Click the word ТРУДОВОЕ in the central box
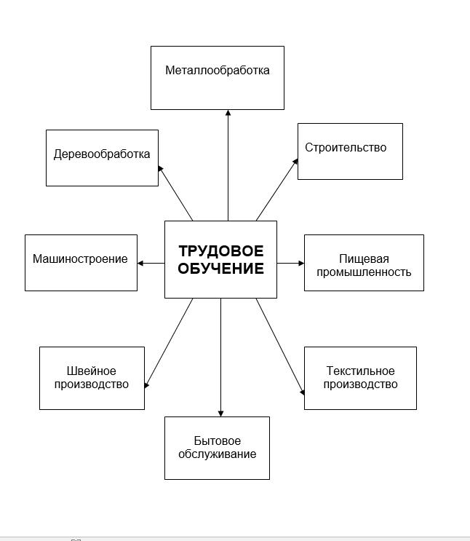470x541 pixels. pyautogui.click(x=221, y=250)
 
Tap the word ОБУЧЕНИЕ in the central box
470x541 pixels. pyautogui.click(x=221, y=269)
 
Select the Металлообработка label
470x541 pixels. pyautogui.click(x=218, y=70)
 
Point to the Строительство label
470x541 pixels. pyautogui.click(x=346, y=147)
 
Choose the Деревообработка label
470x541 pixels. pyautogui.click(x=102, y=154)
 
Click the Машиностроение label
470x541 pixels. pyautogui.click(x=80, y=258)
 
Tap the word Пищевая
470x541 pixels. pyautogui.click(x=364, y=258)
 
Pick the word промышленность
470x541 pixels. pyautogui.click(x=364, y=272)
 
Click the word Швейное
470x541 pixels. pyautogui.click(x=92, y=371)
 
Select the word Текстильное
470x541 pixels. pyautogui.click(x=360, y=371)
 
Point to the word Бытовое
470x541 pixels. pyautogui.click(x=218, y=441)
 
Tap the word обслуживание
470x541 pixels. pyautogui.click(x=218, y=454)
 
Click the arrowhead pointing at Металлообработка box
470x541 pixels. pyautogui.click(x=228, y=112)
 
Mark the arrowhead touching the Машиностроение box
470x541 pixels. pyautogui.click(x=140, y=264)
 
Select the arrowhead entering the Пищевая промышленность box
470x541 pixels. pyautogui.click(x=301, y=264)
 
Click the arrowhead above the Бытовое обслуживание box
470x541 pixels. pyautogui.click(x=220, y=414)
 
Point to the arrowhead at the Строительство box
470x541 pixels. pyautogui.click(x=295, y=162)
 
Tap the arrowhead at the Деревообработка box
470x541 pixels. pyautogui.click(x=160, y=168)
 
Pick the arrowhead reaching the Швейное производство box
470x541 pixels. pyautogui.click(x=146, y=385)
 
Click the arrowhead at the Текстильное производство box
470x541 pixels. pyautogui.click(x=303, y=392)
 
